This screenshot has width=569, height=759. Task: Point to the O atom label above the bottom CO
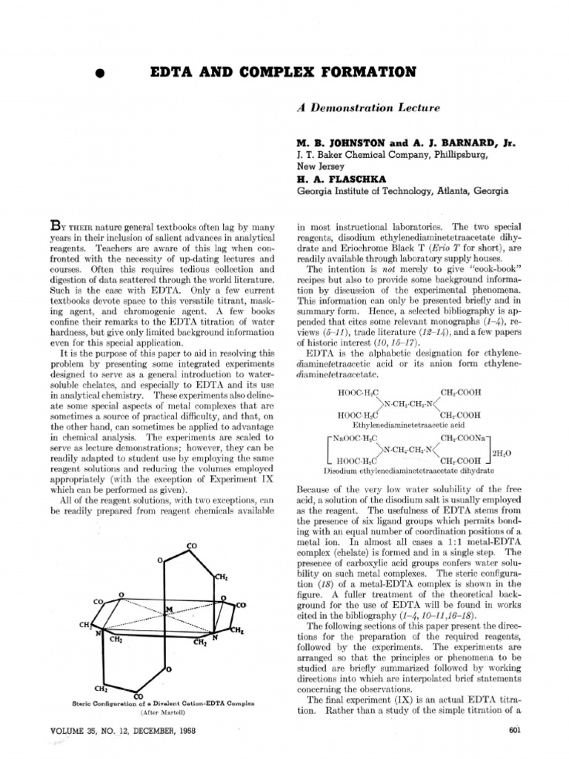(x=169, y=670)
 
